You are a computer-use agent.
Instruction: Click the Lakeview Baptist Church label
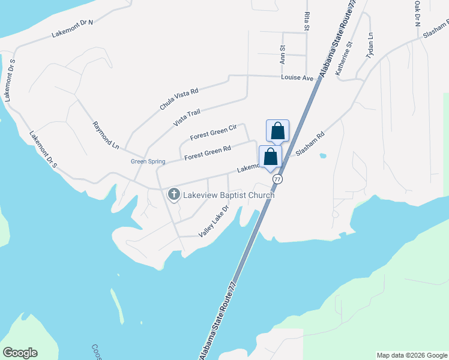click(x=229, y=195)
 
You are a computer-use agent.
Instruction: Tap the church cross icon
click(x=174, y=194)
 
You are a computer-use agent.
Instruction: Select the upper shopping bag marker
click(x=277, y=131)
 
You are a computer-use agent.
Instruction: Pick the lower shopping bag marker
click(x=270, y=157)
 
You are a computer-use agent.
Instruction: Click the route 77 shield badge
click(x=277, y=179)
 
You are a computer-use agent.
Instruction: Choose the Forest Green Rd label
click(x=208, y=153)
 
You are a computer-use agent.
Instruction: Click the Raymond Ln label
click(x=106, y=135)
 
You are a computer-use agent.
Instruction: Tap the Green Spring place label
click(x=148, y=161)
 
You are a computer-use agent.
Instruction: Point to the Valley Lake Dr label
click(x=214, y=221)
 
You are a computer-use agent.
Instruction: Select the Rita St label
click(x=307, y=21)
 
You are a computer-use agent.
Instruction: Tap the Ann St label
click(x=282, y=54)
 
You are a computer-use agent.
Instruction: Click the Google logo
click(x=20, y=353)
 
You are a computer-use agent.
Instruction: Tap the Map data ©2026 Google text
click(x=412, y=355)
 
